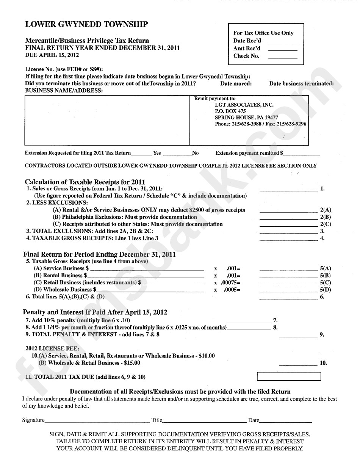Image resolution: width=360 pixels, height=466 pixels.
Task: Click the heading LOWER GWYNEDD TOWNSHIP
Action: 86,25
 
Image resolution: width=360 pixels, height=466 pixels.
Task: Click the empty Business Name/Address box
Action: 107,120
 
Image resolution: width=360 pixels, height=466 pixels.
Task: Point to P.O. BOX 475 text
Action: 230,111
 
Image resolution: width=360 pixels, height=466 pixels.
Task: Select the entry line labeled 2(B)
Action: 288,219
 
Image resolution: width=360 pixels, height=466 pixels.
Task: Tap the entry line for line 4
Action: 288,240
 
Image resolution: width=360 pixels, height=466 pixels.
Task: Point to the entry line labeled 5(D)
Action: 288,292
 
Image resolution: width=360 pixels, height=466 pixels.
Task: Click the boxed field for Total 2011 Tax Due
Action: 289,377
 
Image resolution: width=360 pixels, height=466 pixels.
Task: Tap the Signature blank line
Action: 97,422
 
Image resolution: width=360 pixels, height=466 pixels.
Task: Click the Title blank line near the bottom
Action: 204,422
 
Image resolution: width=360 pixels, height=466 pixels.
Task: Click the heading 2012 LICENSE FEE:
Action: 52,348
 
